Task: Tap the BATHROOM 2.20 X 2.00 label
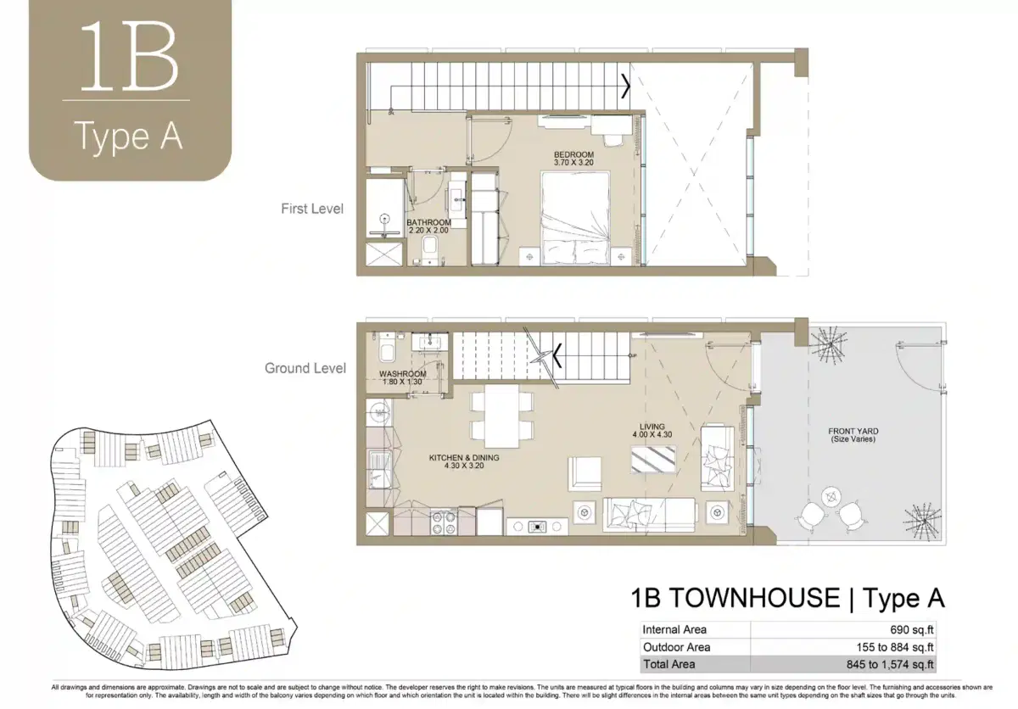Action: pyautogui.click(x=429, y=226)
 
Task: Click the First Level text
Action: pyautogui.click(x=312, y=208)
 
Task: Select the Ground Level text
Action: pyautogui.click(x=305, y=368)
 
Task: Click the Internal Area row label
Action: pyautogui.click(x=674, y=629)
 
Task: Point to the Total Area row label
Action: pyautogui.click(x=669, y=665)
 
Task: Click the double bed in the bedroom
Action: pyautogui.click(x=575, y=219)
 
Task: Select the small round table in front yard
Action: pyautogui.click(x=831, y=494)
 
